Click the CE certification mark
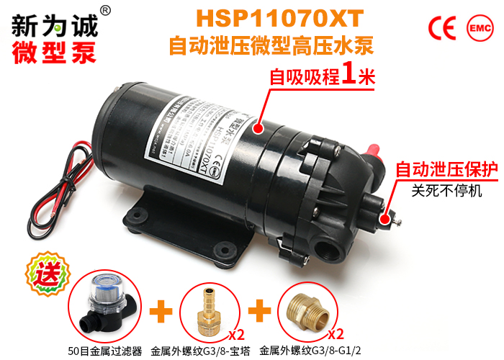(442, 27)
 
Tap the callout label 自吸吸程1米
(322, 76)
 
